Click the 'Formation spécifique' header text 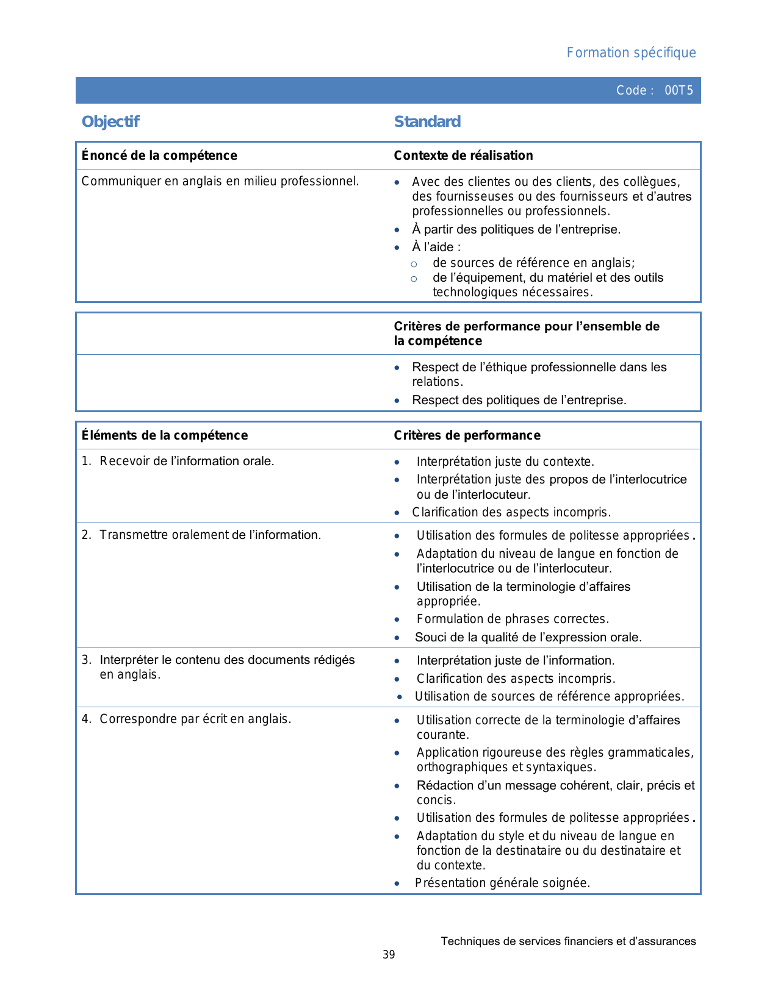tap(631, 53)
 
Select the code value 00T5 tap(679, 91)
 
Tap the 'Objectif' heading tap(110, 122)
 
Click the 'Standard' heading tap(427, 122)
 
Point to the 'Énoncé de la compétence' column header tap(159, 155)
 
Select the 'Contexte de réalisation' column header tap(463, 155)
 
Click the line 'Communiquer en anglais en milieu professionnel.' tap(220, 181)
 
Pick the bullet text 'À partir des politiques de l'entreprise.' tap(516, 229)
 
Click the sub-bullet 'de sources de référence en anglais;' tap(534, 263)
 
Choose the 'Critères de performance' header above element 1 tap(467, 435)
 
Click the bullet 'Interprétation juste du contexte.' tap(505, 462)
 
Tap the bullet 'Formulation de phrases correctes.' tap(513, 619)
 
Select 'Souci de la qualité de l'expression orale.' tap(528, 637)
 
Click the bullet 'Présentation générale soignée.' tap(502, 883)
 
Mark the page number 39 tap(389, 955)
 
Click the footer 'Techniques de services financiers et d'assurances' tap(568, 941)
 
